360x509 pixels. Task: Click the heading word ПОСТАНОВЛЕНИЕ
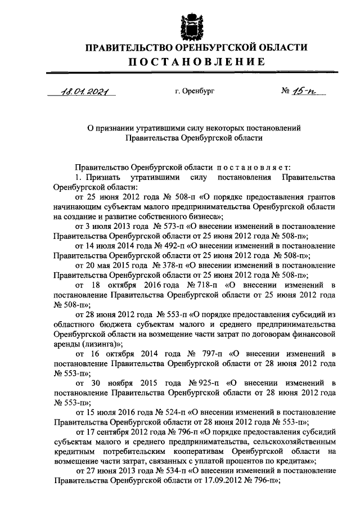[188, 61]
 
